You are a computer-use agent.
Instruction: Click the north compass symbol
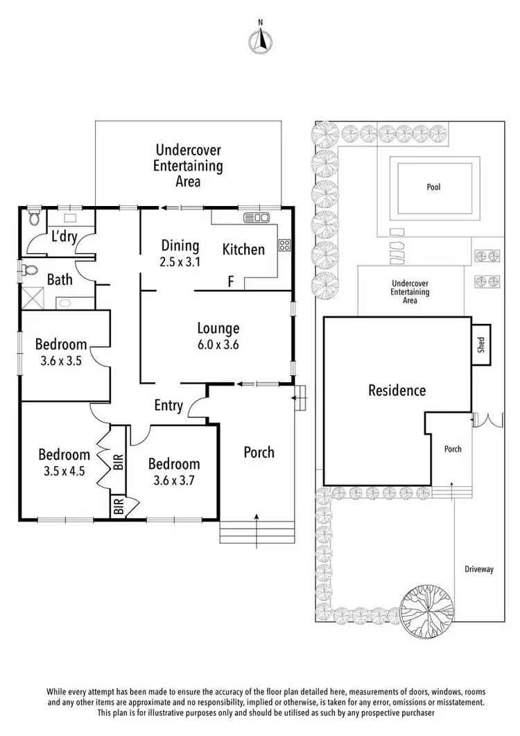pyautogui.click(x=260, y=41)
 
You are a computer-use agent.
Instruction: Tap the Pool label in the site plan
pyautogui.click(x=433, y=187)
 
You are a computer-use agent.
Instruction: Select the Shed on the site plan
pyautogui.click(x=482, y=344)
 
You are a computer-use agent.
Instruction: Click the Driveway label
pyautogui.click(x=479, y=570)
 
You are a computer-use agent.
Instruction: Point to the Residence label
pyautogui.click(x=397, y=391)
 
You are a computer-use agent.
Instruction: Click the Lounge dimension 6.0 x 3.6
pyautogui.click(x=218, y=344)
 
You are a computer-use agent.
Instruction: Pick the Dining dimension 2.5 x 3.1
pyautogui.click(x=180, y=262)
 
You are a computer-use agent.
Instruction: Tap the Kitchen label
pyautogui.click(x=243, y=250)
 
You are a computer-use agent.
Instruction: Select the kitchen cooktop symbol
pyautogui.click(x=284, y=244)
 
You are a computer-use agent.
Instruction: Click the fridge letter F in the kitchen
pyautogui.click(x=231, y=281)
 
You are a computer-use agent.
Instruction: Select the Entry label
pyautogui.click(x=169, y=406)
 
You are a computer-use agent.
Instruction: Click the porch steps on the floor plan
pyautogui.click(x=257, y=532)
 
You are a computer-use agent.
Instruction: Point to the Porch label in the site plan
pyautogui.click(x=453, y=449)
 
